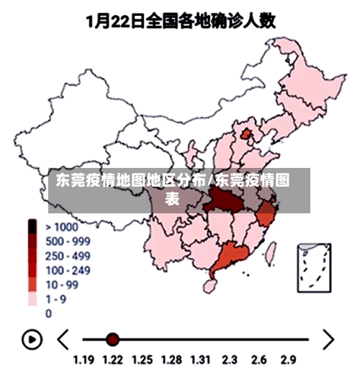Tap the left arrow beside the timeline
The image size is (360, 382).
click(63, 338)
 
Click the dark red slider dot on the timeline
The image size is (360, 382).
click(112, 339)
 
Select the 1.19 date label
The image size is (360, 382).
click(84, 360)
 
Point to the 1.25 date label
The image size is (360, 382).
click(141, 360)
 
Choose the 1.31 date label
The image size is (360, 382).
click(199, 360)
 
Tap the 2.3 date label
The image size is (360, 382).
click(230, 360)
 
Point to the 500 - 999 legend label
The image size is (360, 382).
click(68, 241)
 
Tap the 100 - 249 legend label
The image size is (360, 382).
click(68, 270)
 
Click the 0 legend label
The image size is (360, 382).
click(49, 314)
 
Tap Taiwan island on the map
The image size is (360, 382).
click(271, 251)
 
